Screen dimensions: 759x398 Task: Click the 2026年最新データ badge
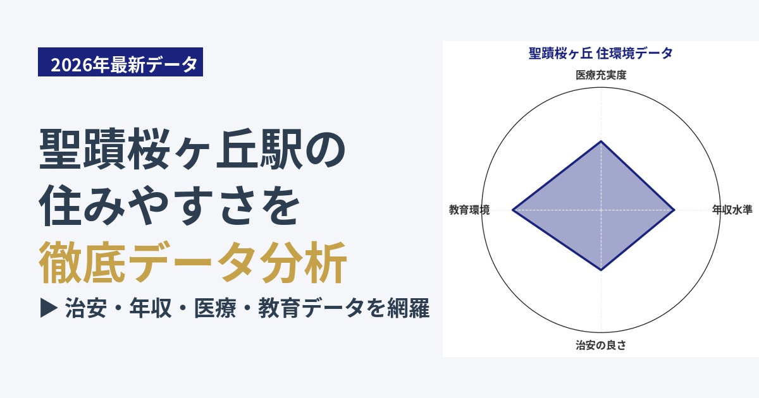pos(120,62)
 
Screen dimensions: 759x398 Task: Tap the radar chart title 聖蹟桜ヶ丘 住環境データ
pos(601,53)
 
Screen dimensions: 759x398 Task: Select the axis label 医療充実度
pos(601,75)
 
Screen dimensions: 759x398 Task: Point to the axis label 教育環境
pos(469,210)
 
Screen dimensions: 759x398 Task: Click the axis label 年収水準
pos(732,210)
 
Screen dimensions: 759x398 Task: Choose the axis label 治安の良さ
pos(601,345)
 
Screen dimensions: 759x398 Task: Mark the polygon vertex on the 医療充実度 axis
pos(601,141)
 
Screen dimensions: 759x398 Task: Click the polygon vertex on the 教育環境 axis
pos(513,210)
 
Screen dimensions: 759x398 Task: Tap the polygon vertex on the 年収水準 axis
pos(674,210)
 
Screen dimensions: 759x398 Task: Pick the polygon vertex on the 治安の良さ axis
pos(601,270)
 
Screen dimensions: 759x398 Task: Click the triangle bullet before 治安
pos(49,308)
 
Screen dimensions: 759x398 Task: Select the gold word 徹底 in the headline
pos(82,263)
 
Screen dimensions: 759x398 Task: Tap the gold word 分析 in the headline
pos(303,263)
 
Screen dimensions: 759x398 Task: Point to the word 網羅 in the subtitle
pos(409,308)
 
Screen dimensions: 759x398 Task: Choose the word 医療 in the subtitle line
pos(215,308)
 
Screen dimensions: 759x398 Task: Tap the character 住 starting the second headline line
pos(60,205)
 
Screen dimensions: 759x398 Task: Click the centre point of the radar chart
pos(601,210)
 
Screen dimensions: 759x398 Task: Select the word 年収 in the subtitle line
pos(151,308)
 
